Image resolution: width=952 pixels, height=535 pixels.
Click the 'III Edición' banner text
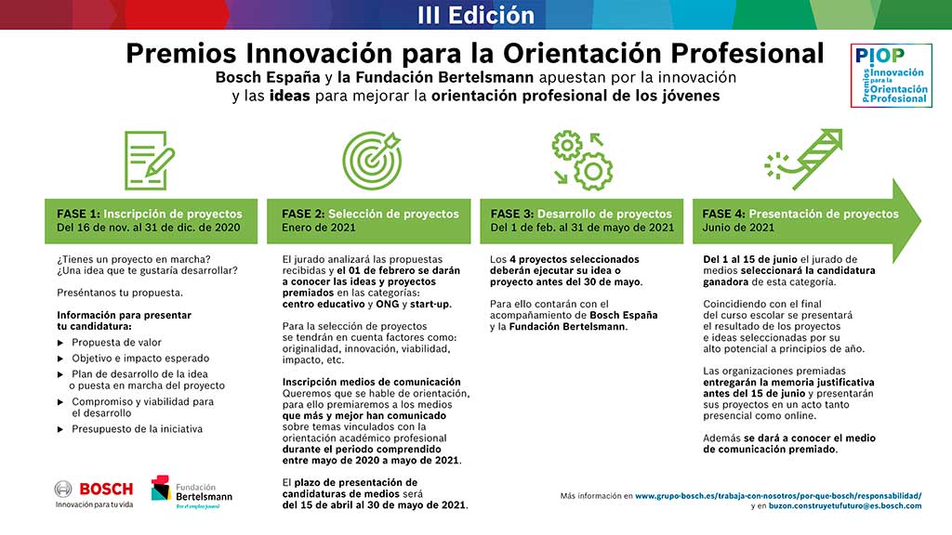click(476, 15)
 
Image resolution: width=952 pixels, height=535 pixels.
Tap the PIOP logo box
click(892, 75)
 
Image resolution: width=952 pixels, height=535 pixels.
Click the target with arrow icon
click(372, 160)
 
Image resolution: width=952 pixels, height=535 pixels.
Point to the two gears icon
click(582, 160)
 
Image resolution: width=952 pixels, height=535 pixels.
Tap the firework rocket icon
click(803, 159)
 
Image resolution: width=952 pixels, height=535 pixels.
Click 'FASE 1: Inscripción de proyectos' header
click(150, 215)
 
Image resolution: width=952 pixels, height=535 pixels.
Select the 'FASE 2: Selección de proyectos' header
click(370, 215)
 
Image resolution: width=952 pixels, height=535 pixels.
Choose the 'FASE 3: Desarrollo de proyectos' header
click(581, 215)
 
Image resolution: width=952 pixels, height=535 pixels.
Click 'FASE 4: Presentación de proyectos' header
click(800, 215)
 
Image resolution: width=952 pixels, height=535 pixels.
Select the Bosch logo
click(94, 493)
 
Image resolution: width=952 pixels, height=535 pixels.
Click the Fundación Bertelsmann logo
click(192, 492)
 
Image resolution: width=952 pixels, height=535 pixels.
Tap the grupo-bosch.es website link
click(778, 496)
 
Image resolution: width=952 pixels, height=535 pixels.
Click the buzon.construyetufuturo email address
click(845, 506)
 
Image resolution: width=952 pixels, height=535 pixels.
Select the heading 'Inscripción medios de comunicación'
click(372, 382)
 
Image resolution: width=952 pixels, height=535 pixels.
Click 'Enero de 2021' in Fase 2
click(319, 228)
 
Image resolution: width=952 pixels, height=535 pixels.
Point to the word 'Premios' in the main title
click(181, 53)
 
